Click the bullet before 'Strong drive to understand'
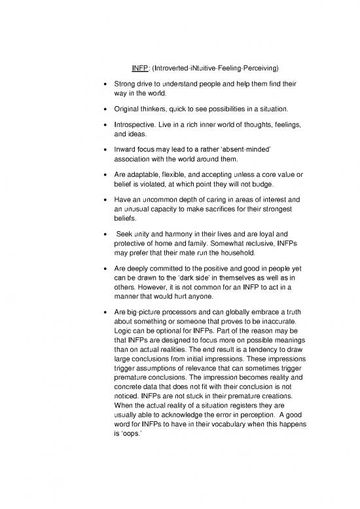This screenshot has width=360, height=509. click(x=96, y=85)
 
